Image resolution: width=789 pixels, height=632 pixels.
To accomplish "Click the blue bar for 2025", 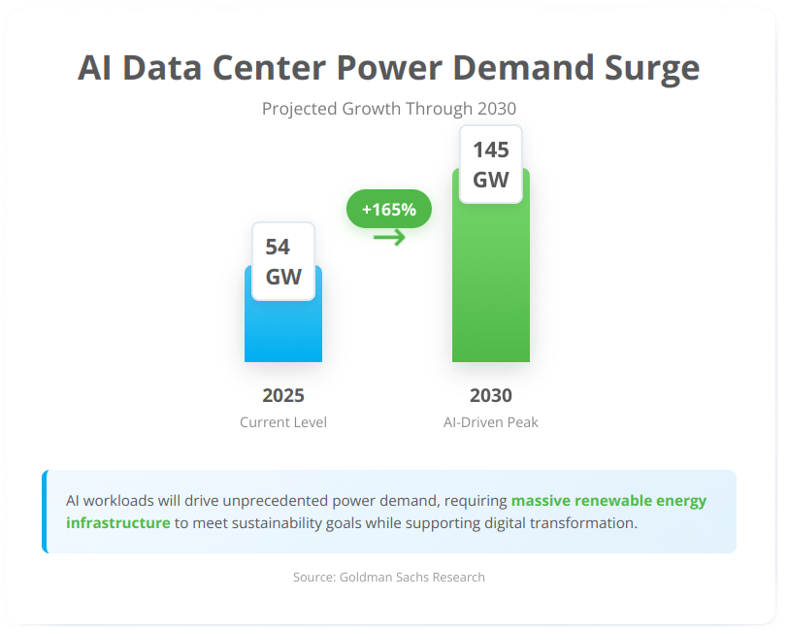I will point(282,330).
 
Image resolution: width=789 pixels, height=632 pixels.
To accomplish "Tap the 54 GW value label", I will point(283,262).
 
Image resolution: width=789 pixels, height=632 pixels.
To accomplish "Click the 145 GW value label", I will point(490,164).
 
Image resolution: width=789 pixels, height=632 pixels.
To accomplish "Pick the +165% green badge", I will point(388,209).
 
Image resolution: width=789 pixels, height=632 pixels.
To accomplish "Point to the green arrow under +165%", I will point(389,237).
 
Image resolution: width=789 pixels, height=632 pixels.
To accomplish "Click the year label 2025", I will point(283,395).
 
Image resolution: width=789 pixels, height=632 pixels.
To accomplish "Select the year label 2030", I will point(490,395).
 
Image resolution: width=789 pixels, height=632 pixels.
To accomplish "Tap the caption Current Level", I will point(283,422).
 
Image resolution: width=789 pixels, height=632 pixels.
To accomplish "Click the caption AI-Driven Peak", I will point(490,422).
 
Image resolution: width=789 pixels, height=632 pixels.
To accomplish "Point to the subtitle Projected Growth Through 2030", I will point(388,108).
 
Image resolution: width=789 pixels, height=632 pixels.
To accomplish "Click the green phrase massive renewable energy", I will point(608,501).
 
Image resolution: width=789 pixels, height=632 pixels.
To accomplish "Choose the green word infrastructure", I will point(117,522).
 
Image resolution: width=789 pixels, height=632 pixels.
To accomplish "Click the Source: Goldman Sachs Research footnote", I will point(388,577).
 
